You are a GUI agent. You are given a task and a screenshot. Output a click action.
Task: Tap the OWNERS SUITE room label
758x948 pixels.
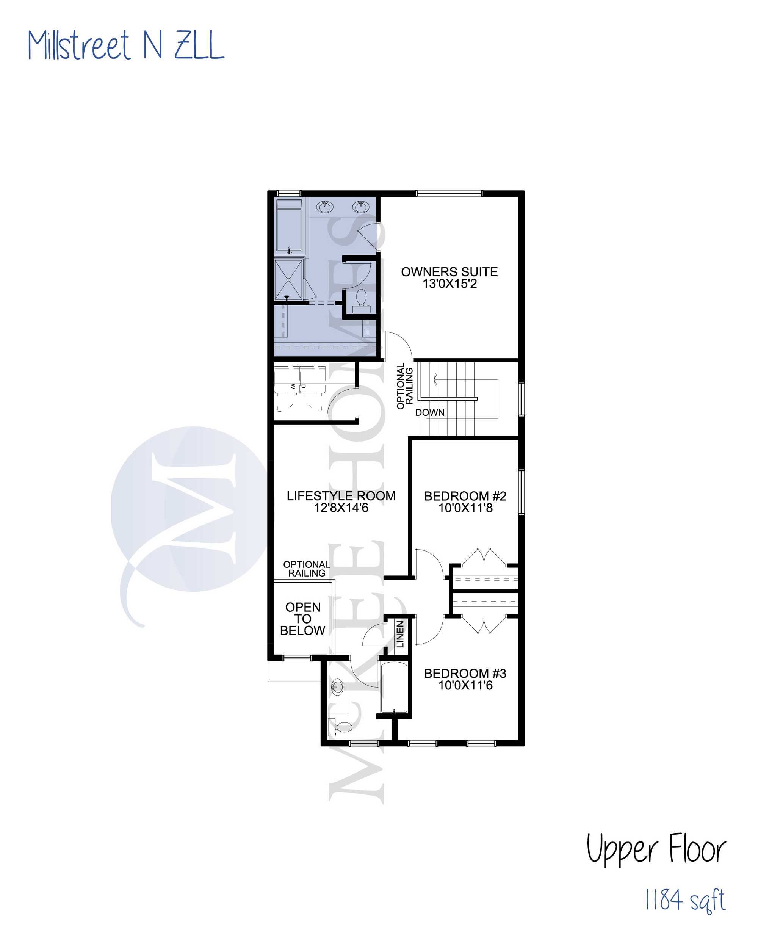(449, 272)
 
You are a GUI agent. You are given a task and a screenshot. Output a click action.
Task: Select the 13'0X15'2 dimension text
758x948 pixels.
(449, 284)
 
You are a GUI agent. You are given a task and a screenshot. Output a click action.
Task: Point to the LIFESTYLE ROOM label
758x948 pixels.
(341, 496)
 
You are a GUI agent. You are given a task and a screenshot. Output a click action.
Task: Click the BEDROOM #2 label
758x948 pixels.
(465, 496)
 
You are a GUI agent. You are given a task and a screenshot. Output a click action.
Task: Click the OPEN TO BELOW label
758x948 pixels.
(302, 619)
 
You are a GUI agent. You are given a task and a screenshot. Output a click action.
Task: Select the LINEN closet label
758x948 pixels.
(400, 634)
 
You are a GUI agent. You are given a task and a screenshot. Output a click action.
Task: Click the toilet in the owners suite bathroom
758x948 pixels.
(361, 301)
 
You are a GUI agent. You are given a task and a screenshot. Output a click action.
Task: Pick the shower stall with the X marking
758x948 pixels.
(288, 280)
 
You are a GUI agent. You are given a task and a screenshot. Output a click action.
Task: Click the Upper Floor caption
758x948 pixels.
(656, 849)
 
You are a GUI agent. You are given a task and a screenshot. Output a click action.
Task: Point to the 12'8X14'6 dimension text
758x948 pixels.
(341, 508)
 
